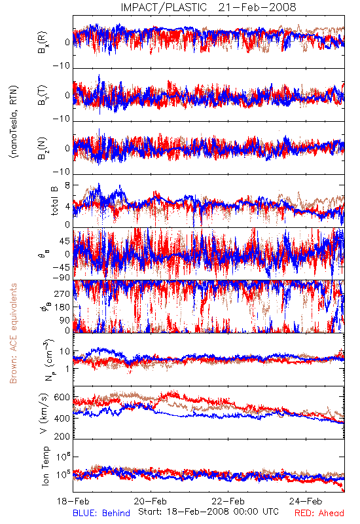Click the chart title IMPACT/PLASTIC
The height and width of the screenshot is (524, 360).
coord(164,7)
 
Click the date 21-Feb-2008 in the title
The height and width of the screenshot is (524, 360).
coord(257,7)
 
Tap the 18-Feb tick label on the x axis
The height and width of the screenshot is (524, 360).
coord(73,501)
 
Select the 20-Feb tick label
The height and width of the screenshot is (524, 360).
coord(151,501)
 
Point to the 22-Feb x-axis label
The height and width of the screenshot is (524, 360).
coord(228,501)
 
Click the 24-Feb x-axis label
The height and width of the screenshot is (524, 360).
coord(306,501)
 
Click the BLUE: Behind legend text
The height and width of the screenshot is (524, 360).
coord(101,514)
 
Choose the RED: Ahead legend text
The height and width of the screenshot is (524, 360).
coord(319,514)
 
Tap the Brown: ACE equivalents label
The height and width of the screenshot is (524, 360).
coord(13,333)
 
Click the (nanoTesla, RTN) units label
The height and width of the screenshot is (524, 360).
coord(14,122)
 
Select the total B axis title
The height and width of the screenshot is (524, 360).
coord(54,201)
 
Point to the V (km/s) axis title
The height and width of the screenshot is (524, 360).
coord(44,413)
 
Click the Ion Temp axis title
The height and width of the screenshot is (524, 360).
coord(45,466)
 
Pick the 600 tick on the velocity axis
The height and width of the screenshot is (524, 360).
coord(62,398)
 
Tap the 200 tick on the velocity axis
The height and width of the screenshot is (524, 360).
coord(62,436)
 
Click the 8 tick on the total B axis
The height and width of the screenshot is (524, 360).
coord(67,185)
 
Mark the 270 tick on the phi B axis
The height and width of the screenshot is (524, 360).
coord(62,294)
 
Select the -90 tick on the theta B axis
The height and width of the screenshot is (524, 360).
coord(62,278)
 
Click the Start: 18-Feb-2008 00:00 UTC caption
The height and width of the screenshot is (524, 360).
coord(208,512)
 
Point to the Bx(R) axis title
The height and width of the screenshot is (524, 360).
coord(43,43)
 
